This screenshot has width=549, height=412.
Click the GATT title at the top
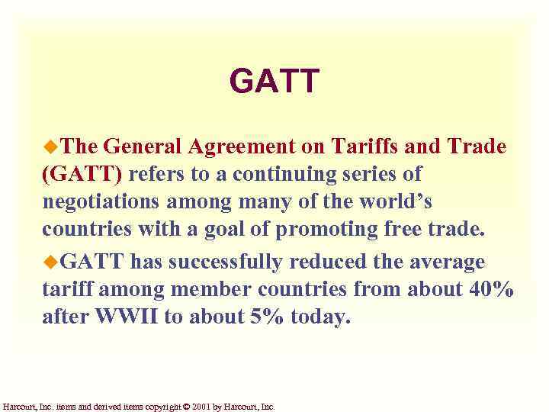[274, 81]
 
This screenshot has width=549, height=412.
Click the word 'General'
[146, 146]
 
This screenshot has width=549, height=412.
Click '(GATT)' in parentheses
[82, 175]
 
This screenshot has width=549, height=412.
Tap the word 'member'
[209, 291]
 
